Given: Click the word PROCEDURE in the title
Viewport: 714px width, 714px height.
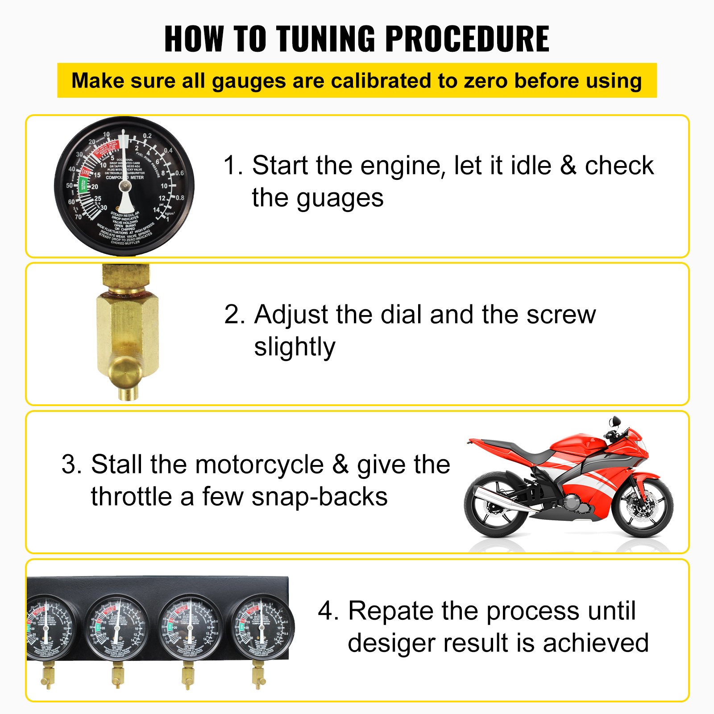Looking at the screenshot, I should [467, 39].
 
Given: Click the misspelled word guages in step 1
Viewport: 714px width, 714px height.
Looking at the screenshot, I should [340, 198].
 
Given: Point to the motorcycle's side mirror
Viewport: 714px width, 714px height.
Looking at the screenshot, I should [615, 421].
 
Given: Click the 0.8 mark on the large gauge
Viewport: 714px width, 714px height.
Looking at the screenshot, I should [179, 198].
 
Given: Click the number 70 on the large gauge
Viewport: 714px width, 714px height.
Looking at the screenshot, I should [79, 217].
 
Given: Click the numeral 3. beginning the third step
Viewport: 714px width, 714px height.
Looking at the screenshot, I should [71, 465].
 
